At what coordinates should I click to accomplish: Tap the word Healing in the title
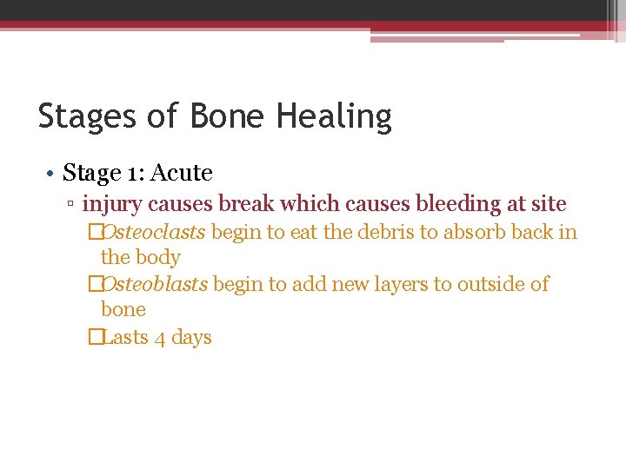coord(336,116)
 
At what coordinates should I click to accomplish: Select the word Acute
coord(182,174)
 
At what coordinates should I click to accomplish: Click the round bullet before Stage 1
coord(52,174)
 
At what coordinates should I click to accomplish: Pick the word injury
coord(112,205)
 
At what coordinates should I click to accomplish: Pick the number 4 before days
coord(160,338)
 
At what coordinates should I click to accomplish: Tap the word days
coord(191,338)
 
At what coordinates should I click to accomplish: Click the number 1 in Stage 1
coord(133,174)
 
